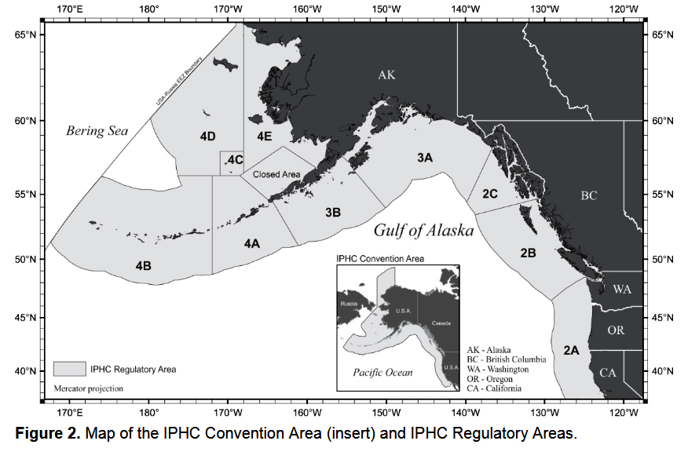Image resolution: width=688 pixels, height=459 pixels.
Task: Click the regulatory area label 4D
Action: [x=207, y=137]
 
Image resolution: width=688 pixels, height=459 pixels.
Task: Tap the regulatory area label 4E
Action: [x=264, y=137]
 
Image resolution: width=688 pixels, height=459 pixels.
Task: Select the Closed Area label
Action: [x=276, y=174]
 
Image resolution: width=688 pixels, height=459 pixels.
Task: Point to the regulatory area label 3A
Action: [x=425, y=158]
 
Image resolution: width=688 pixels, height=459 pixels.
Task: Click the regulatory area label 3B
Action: [x=332, y=212]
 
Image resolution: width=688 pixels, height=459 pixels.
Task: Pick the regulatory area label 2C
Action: [x=491, y=193]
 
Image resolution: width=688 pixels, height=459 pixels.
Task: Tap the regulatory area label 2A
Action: [x=570, y=350]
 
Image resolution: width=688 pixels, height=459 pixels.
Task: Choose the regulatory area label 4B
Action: [x=143, y=266]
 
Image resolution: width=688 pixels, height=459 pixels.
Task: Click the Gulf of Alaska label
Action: [x=423, y=231]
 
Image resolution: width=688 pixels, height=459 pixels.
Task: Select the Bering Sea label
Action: [x=97, y=131]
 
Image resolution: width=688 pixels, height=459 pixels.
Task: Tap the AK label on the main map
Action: [x=386, y=75]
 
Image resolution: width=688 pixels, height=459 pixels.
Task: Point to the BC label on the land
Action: [x=589, y=195]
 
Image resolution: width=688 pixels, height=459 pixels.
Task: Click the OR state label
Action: [x=616, y=330]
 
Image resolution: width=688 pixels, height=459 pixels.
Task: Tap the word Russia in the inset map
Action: [x=349, y=301]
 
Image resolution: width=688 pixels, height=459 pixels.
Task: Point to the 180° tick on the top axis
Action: [x=150, y=9]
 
